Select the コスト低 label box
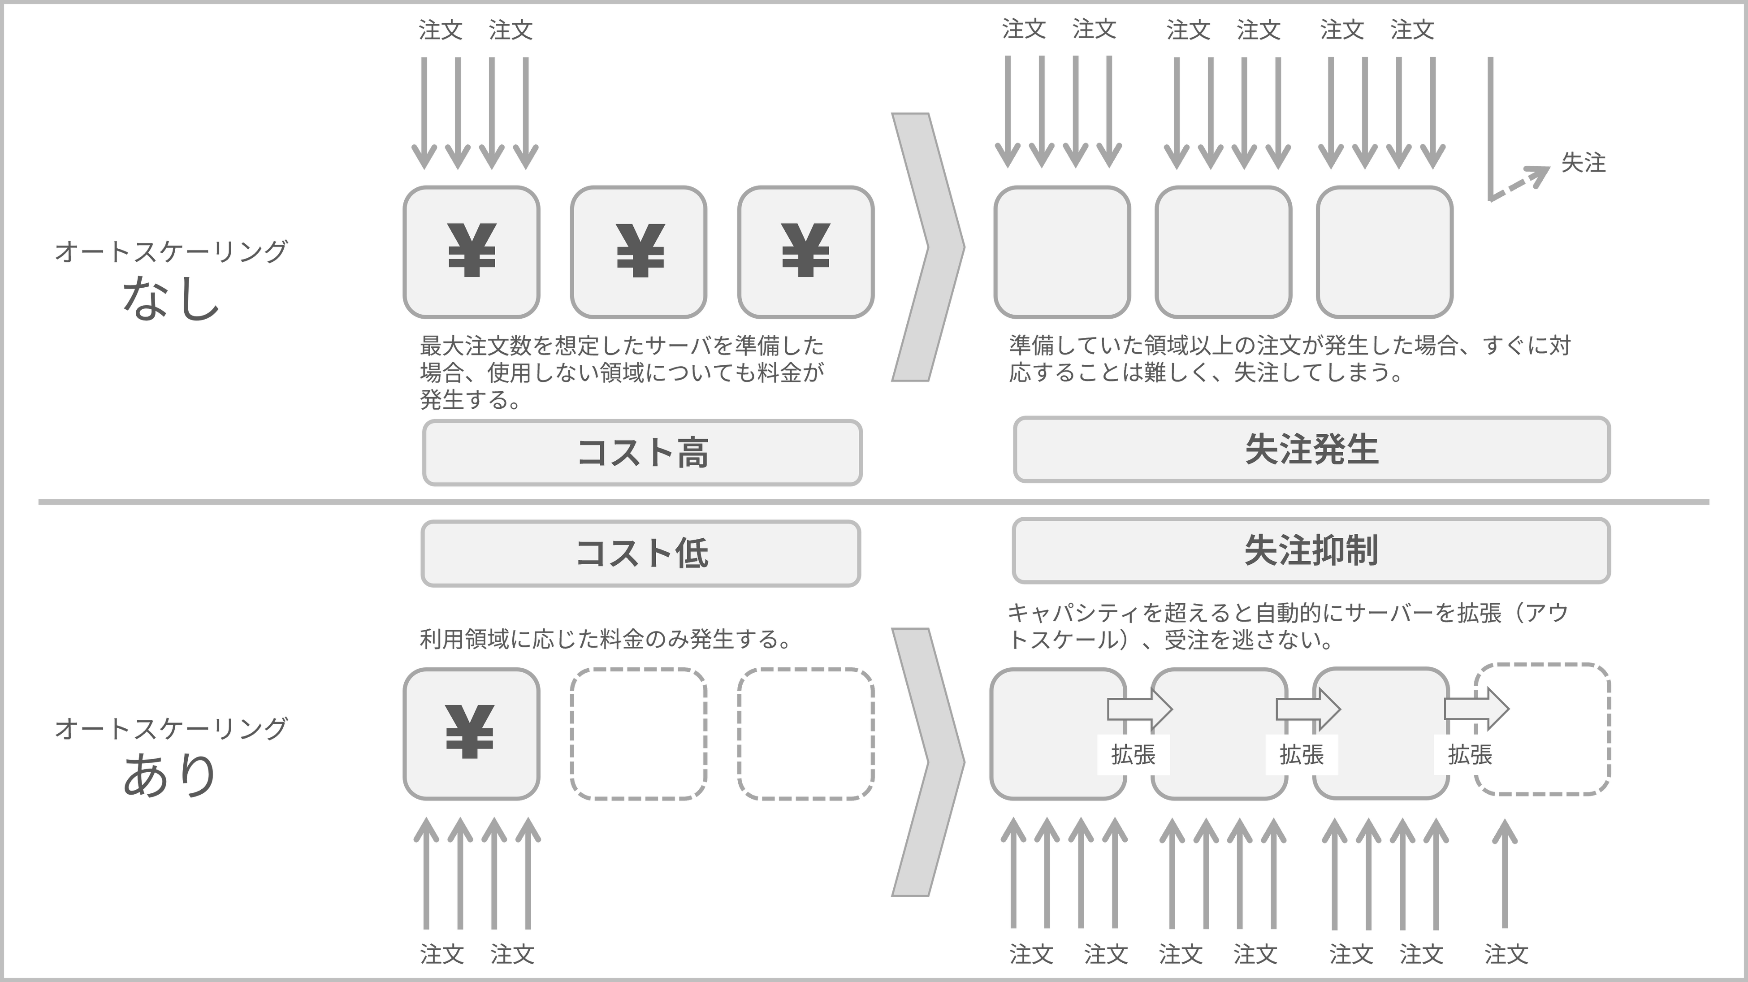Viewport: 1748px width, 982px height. pyautogui.click(x=640, y=553)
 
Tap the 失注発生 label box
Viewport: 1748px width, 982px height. pyautogui.click(x=1311, y=449)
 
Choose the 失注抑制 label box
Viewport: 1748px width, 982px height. pyautogui.click(x=1311, y=550)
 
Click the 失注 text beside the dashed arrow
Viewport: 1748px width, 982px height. pyautogui.click(x=1583, y=163)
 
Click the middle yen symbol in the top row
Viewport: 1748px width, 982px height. pyautogui.click(x=639, y=251)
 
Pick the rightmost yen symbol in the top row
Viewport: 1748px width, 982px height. pyautogui.click(x=805, y=251)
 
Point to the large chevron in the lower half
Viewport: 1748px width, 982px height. pyautogui.click(x=926, y=761)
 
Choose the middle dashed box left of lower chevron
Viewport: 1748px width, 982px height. pyautogui.click(x=638, y=734)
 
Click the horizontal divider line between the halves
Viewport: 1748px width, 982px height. pyautogui.click(x=874, y=502)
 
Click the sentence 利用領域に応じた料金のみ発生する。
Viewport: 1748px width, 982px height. pyautogui.click(x=604, y=639)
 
